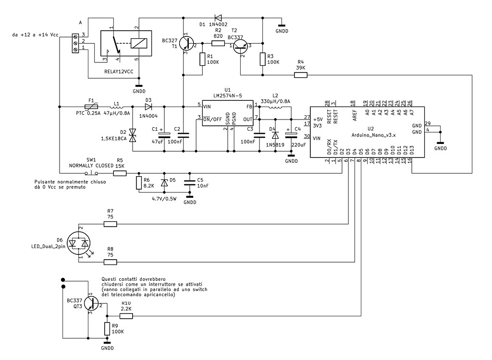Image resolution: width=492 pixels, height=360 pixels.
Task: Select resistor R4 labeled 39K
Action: [301, 74]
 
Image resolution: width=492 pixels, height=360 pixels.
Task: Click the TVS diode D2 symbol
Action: [133, 136]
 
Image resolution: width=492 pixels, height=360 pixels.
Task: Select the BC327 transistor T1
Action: [187, 44]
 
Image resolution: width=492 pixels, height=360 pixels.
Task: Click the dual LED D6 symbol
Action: [78, 244]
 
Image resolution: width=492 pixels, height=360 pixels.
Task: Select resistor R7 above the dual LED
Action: [111, 224]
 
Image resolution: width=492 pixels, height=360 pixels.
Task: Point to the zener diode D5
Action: [164, 183]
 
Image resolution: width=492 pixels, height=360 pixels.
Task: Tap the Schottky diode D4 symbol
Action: [275, 136]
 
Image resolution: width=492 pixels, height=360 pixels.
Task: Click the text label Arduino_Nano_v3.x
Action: [374, 135]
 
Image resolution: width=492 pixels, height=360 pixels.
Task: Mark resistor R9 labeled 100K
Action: [107, 329]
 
